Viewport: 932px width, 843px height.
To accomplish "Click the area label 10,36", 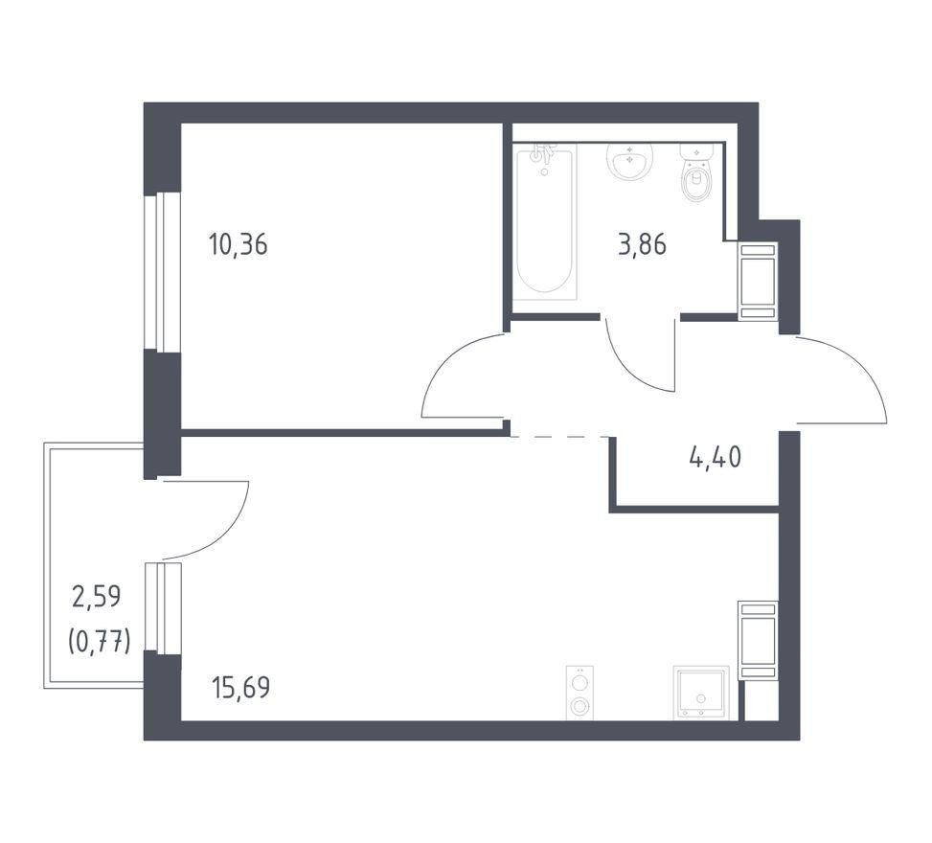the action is click(x=239, y=245).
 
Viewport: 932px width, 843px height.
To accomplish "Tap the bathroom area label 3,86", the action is click(x=643, y=245).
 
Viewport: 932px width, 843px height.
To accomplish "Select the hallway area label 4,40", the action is click(x=716, y=458).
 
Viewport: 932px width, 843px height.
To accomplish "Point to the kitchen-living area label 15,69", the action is click(x=240, y=688).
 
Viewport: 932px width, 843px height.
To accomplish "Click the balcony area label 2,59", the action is click(x=97, y=596).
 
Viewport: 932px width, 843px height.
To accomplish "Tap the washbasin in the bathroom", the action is click(x=629, y=161).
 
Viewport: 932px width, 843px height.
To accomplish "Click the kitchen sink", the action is click(x=701, y=694).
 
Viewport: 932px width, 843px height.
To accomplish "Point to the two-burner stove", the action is click(x=580, y=694).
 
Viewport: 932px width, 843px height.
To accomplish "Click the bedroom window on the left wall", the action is click(x=162, y=271).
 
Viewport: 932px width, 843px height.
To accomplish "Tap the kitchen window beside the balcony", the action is click(x=163, y=607).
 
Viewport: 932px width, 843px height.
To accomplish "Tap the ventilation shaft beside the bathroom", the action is click(x=758, y=282).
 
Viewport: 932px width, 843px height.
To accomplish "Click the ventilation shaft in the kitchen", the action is click(x=758, y=640).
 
